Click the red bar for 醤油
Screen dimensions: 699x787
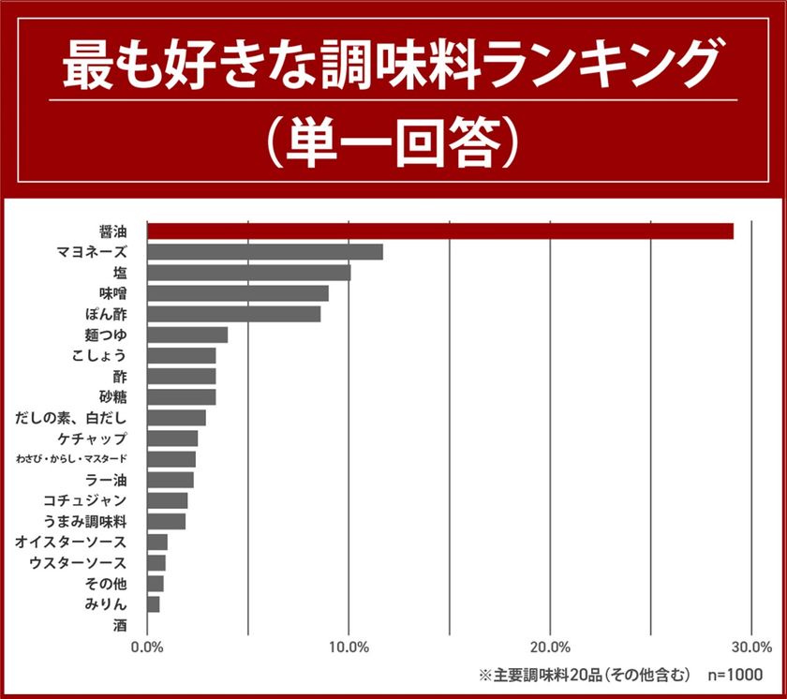click(x=440, y=231)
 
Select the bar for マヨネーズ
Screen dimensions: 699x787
click(x=265, y=252)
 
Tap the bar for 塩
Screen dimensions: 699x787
click(x=249, y=273)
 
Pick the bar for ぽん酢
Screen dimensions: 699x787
click(x=234, y=314)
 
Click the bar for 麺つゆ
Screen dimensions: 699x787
click(x=187, y=335)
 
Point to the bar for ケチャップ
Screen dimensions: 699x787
click(x=172, y=439)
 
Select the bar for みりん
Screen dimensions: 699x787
click(x=154, y=604)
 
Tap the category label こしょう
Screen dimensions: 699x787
click(x=98, y=355)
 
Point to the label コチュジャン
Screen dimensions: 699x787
click(x=85, y=500)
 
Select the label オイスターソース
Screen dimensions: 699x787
click(x=71, y=543)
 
